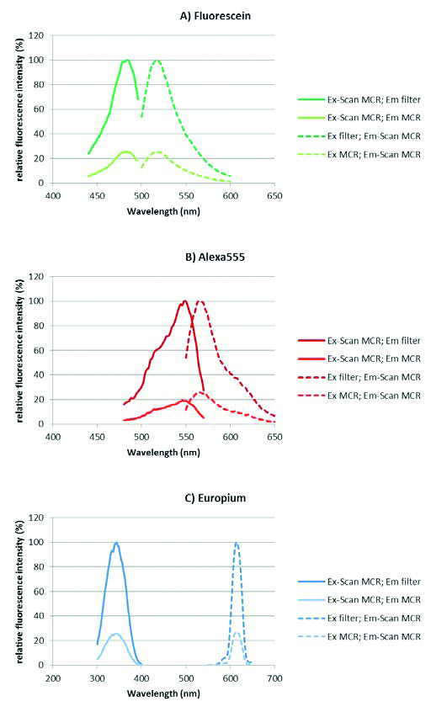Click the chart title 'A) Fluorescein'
tap(215, 16)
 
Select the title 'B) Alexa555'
tap(215, 257)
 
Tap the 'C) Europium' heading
tap(215, 498)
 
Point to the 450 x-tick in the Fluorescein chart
tap(97, 196)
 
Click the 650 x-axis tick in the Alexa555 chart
tap(274, 438)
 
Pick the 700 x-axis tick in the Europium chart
tap(274, 678)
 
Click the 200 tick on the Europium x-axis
tap(53, 678)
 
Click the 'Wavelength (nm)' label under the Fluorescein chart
tap(163, 211)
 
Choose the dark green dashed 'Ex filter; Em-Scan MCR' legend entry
tap(359, 136)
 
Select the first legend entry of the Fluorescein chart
tap(359, 99)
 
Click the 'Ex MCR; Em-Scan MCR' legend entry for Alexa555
tap(359, 396)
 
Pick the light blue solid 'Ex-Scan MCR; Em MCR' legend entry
tap(359, 600)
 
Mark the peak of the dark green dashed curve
tap(157, 60)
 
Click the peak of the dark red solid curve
tap(185, 301)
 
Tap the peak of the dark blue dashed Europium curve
tap(237, 543)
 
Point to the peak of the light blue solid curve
tap(116, 634)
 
